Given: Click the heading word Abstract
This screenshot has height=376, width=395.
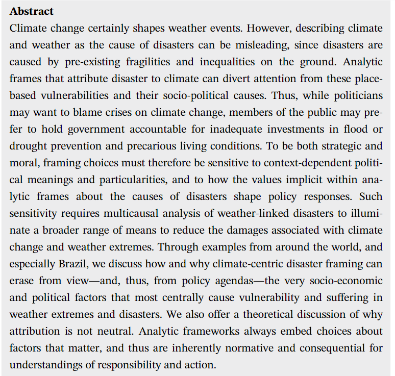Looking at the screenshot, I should (32, 11).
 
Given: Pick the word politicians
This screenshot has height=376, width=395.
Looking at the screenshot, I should (355, 95).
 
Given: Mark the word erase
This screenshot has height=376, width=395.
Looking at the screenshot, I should (21, 280).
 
